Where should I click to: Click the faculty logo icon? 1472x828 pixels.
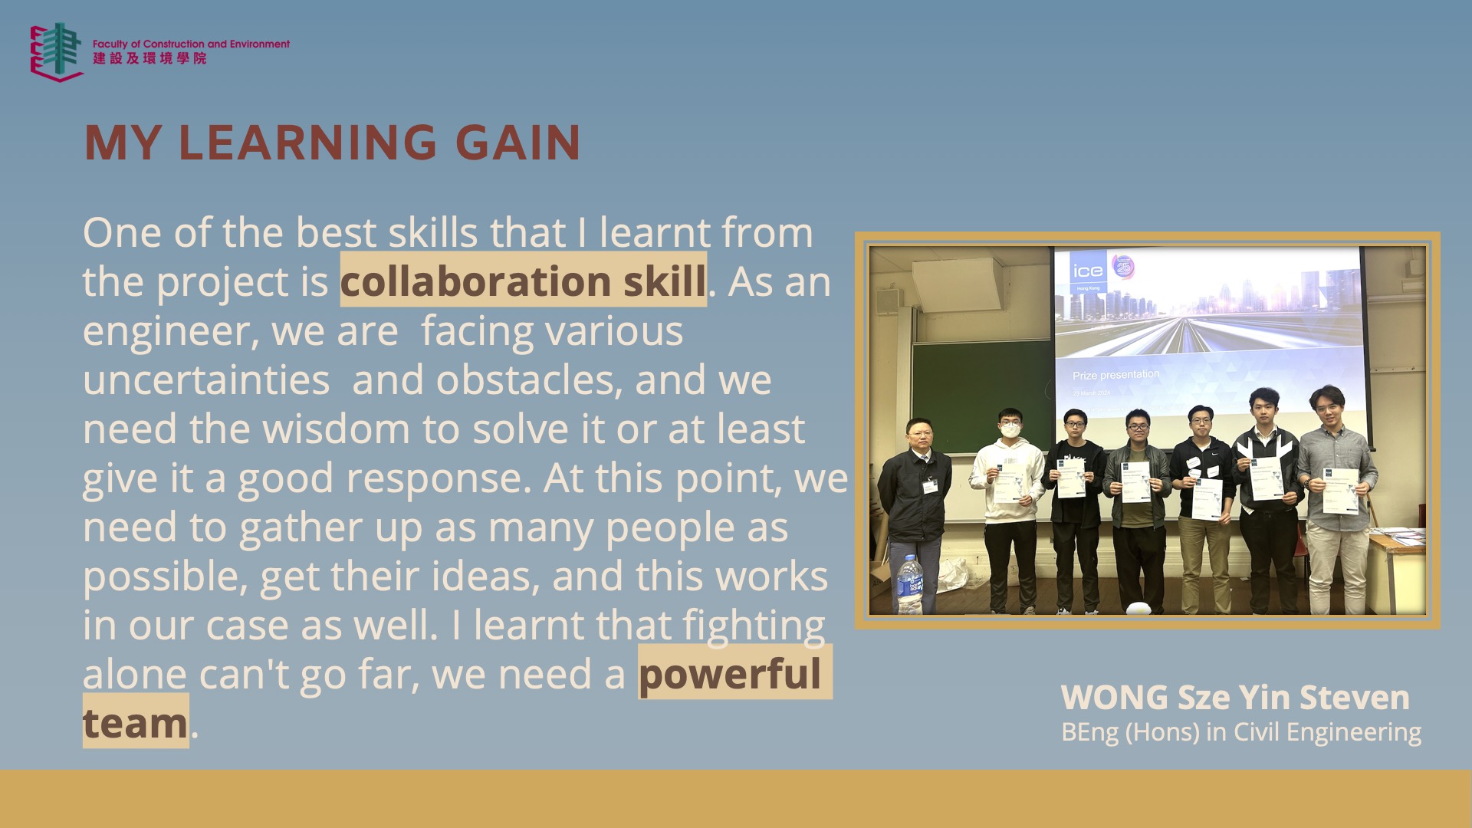click(57, 51)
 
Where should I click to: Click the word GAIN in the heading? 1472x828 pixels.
click(518, 143)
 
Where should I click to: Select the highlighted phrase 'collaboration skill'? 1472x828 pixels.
click(523, 281)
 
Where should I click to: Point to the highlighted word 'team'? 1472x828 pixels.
click(135, 722)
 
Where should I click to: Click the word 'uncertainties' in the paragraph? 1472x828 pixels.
click(206, 379)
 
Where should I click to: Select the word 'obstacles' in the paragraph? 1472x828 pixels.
click(528, 379)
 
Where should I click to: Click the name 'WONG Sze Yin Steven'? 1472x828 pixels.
click(1235, 698)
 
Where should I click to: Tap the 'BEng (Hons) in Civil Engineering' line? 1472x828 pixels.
click(1241, 732)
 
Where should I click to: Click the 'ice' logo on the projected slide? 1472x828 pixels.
click(1088, 271)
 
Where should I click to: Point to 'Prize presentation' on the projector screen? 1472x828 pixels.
click(1115, 375)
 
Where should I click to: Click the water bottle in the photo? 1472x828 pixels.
click(909, 585)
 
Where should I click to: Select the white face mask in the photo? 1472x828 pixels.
click(1010, 429)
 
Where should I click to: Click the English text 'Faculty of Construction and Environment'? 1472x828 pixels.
click(191, 44)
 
